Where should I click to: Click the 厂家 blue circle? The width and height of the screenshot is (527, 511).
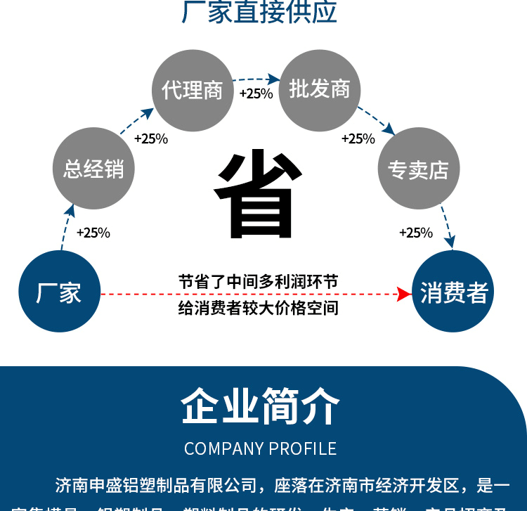[59, 292]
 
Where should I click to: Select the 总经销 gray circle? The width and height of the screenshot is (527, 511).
[93, 169]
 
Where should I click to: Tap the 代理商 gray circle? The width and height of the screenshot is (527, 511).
[193, 90]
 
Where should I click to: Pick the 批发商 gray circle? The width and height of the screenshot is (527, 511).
[320, 89]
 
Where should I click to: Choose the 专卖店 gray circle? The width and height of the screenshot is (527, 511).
[419, 169]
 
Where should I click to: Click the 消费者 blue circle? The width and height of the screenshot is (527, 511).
[453, 292]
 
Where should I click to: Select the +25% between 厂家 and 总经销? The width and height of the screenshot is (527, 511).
[93, 233]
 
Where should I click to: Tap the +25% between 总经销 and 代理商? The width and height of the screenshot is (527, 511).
[150, 138]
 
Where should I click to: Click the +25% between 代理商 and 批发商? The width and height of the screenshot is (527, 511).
[256, 93]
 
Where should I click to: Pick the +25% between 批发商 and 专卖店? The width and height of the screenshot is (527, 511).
[358, 138]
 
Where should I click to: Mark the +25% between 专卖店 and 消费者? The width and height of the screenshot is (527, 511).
[416, 233]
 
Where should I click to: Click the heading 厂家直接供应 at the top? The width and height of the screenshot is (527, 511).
[259, 12]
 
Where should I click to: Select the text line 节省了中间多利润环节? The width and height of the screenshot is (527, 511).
[258, 282]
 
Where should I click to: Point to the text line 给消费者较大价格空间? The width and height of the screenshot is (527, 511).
[258, 307]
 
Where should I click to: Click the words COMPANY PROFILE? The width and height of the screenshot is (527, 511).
[261, 448]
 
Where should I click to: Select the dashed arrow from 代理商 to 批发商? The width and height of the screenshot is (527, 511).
[256, 79]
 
